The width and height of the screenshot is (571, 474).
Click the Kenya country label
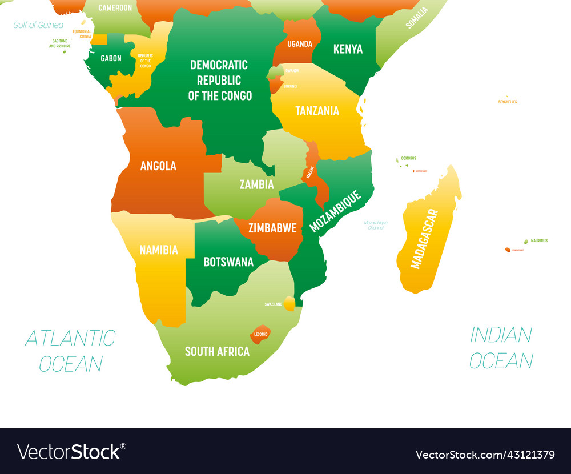[x=348, y=49]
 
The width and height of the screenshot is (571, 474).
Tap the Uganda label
[x=300, y=44]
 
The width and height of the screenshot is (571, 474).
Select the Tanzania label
[x=317, y=111]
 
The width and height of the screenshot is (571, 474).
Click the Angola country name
[x=158, y=166]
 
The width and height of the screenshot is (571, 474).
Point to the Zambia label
[x=256, y=184]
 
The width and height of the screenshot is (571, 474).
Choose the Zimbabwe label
[x=272, y=228]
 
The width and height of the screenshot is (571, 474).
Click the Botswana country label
[x=228, y=262]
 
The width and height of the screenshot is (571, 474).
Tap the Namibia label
[x=159, y=250]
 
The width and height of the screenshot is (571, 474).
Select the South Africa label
[x=217, y=351]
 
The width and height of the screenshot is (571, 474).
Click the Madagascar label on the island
[x=425, y=239]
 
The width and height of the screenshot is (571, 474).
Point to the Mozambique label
[x=335, y=211]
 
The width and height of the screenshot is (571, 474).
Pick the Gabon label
[x=111, y=58]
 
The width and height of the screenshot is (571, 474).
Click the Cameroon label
[x=115, y=8]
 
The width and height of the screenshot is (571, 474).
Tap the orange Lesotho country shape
[x=260, y=334]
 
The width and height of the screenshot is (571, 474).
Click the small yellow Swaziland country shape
[x=290, y=303]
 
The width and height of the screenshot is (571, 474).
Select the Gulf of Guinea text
[x=38, y=25]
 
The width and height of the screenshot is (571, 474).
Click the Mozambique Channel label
[x=376, y=225]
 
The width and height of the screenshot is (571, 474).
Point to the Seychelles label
[x=508, y=102]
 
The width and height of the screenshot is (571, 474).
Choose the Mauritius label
[x=538, y=241]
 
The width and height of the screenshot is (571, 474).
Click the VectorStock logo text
[x=71, y=452]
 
